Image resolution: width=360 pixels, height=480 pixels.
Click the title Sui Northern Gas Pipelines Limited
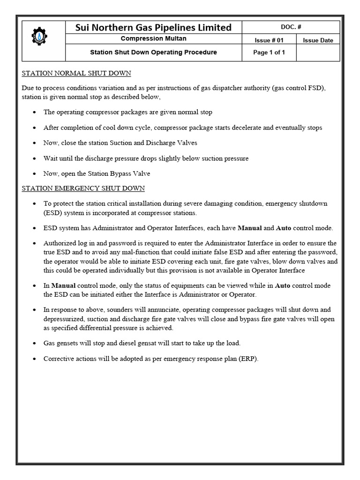[x=153, y=28]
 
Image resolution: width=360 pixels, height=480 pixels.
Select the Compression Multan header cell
[x=153, y=39]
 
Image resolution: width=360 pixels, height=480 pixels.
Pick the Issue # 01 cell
[x=269, y=40]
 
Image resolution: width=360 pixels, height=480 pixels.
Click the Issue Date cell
[x=318, y=40]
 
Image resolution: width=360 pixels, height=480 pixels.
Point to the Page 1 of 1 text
[x=269, y=52]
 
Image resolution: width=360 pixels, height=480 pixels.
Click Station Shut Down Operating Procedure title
[x=153, y=52]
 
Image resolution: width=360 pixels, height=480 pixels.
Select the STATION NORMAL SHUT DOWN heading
[x=76, y=74]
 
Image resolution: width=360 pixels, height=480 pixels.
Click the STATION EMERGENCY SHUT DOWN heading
[x=83, y=188]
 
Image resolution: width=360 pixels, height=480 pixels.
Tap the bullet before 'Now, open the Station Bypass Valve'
[x=36, y=174]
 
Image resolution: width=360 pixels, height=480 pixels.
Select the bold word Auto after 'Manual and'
[x=283, y=228]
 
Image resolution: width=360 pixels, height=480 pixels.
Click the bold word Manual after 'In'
[x=63, y=285]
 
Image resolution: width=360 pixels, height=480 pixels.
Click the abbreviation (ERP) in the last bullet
[x=248, y=359]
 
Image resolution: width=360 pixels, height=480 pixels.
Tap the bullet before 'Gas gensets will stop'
[x=36, y=344]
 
